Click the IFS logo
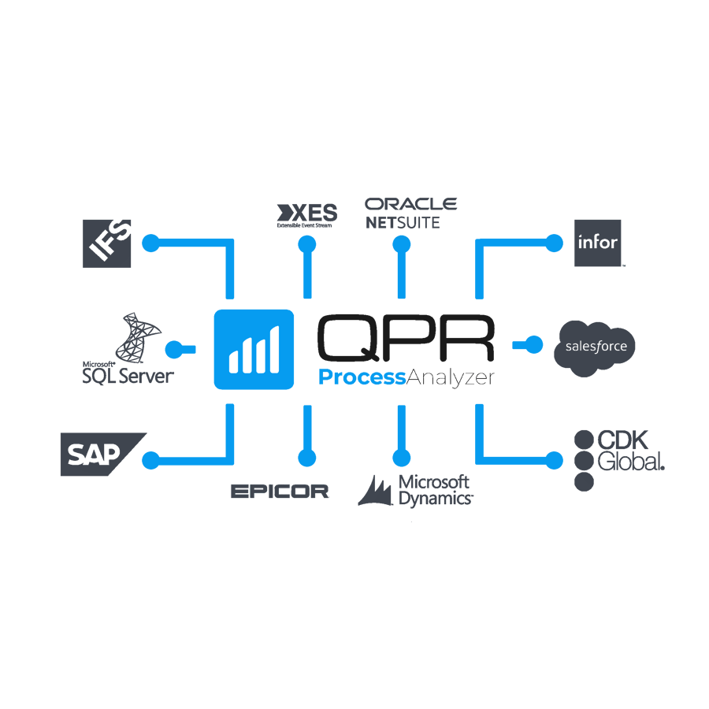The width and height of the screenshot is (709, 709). coord(108,243)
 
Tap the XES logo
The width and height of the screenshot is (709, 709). coord(306,214)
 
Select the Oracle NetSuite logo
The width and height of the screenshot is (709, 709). coord(410,213)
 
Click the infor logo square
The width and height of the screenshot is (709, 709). coord(598,243)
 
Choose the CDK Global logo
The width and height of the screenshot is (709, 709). coord(619,459)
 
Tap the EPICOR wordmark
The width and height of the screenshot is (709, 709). coord(280,492)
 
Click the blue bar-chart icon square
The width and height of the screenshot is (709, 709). coord(254,350)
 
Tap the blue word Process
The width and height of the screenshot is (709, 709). coord(362,378)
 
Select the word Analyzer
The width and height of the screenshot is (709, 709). coord(451,378)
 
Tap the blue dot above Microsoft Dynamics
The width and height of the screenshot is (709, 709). coord(402,458)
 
